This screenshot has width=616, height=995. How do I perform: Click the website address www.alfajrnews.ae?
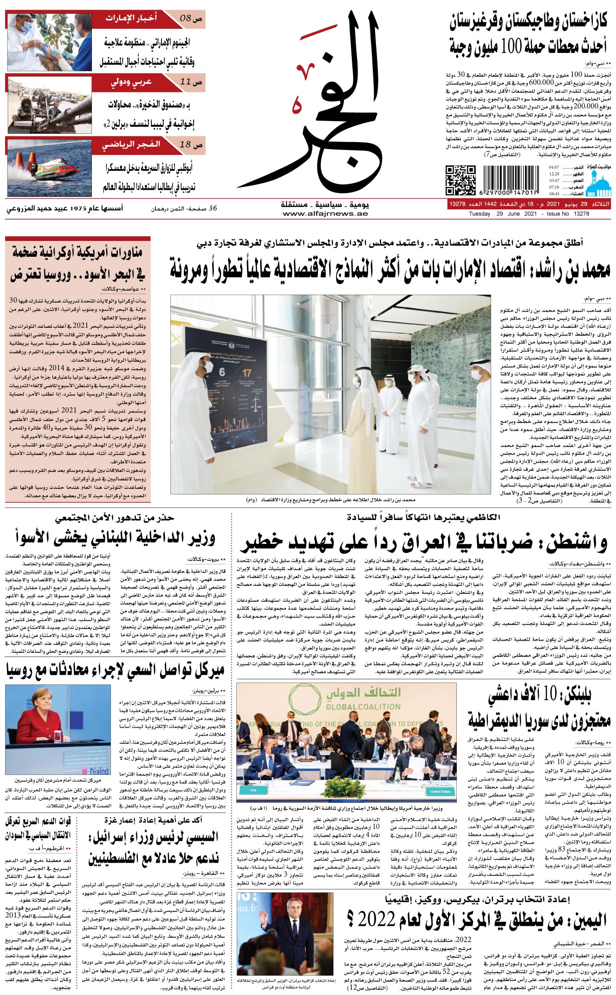coord(325,214)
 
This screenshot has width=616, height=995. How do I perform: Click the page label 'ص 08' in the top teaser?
coord(191,19)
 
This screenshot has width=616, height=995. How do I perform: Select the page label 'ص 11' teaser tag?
coord(191,82)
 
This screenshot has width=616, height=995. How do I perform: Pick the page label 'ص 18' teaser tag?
coord(191,145)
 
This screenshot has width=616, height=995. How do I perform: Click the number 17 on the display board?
coord(247,372)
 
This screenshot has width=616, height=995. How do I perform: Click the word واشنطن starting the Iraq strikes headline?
coord(576,541)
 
